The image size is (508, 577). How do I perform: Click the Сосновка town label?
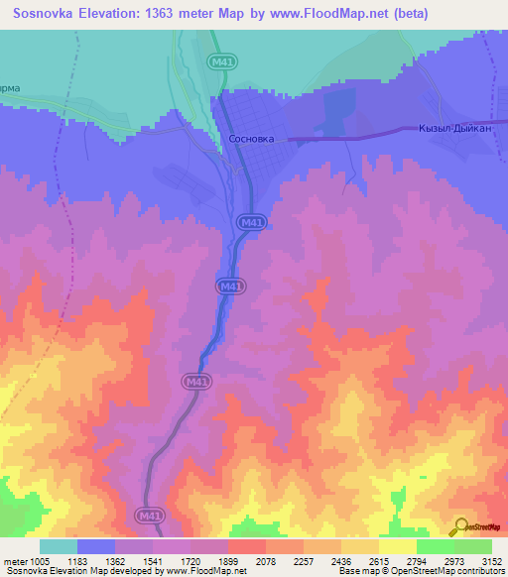pyautogui.click(x=250, y=140)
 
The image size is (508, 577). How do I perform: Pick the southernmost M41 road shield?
pyautogui.click(x=149, y=516)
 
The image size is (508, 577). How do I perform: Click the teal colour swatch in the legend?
pyautogui.click(x=59, y=546)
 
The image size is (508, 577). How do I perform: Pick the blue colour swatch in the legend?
pyautogui.click(x=95, y=546)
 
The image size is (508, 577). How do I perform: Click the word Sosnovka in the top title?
pyautogui.click(x=47, y=14)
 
